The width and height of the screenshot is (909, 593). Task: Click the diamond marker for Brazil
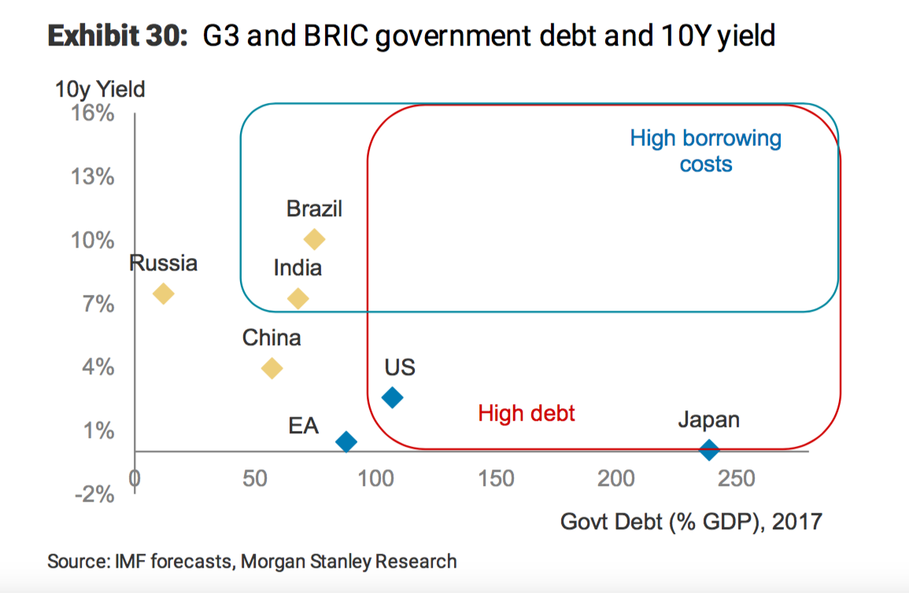point(314,239)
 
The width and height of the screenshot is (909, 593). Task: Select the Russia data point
point(163,293)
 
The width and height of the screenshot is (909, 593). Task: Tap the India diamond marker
point(297,298)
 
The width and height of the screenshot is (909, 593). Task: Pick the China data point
point(272,368)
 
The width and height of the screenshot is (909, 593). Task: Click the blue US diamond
point(392,398)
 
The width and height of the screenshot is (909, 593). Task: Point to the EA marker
point(345,442)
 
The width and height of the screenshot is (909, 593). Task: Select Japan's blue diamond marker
point(709,450)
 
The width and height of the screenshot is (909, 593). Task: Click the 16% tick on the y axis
point(94,114)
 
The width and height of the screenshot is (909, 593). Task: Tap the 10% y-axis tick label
point(94,241)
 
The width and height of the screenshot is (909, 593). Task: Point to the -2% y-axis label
point(94,494)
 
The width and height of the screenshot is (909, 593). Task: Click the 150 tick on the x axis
point(496,477)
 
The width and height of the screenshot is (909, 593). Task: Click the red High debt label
point(527,413)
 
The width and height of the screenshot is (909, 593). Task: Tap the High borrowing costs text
point(705,152)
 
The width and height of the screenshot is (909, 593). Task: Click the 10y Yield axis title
point(100,89)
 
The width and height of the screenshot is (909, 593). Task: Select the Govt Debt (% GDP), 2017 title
point(691,521)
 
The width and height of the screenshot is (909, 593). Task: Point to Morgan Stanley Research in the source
point(348,562)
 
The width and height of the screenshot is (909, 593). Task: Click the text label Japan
point(708,420)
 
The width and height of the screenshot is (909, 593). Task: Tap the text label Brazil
point(314,209)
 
